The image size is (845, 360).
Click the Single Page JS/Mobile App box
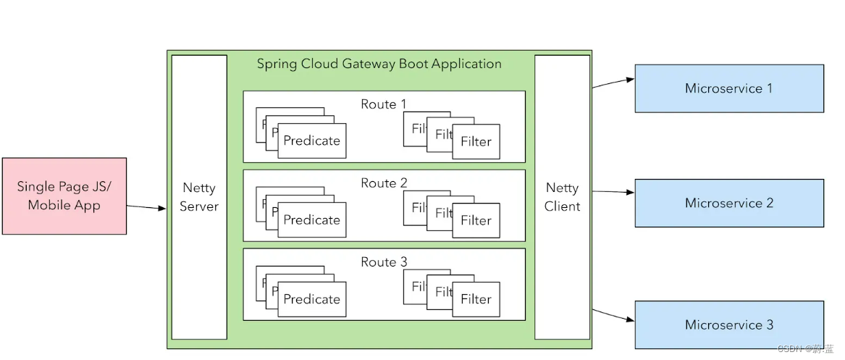click(64, 196)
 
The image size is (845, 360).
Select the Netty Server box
click(199, 197)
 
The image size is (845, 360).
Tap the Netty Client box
click(563, 197)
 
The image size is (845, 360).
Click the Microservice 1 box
click(729, 88)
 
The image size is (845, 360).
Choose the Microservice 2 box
click(729, 203)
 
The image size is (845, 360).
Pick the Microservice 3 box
click(729, 325)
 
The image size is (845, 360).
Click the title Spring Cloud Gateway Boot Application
click(379, 64)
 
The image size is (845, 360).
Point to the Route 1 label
click(384, 104)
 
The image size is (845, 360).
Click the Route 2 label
click(384, 183)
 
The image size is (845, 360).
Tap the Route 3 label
click(384, 262)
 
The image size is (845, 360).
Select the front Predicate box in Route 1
click(312, 141)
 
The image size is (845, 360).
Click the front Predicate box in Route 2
click(312, 220)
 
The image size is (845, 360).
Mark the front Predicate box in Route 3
click(312, 299)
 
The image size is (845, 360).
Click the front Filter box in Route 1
click(476, 142)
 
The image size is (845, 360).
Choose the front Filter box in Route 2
click(476, 221)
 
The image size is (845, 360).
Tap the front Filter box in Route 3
click(476, 299)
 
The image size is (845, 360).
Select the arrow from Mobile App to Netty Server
click(147, 207)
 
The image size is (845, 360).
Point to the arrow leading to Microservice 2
click(613, 192)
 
